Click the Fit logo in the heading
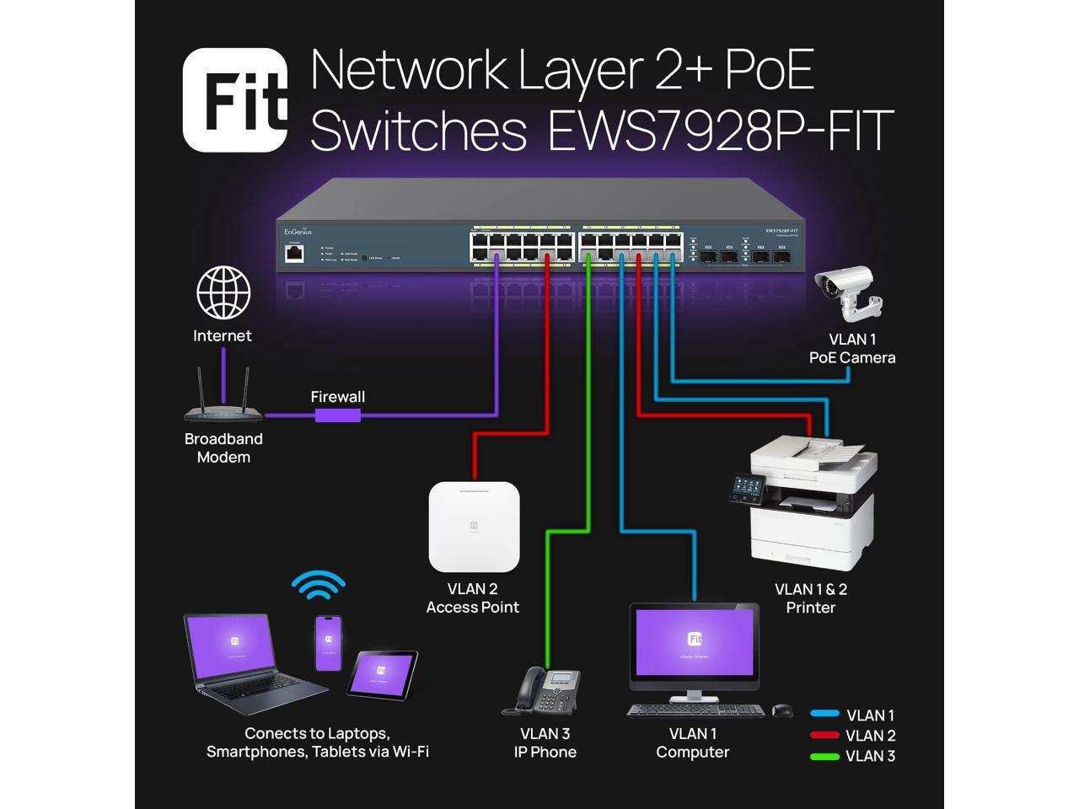click(x=235, y=99)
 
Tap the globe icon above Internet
click(x=223, y=293)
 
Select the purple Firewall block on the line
click(x=338, y=415)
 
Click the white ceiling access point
click(x=474, y=527)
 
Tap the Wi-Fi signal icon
click(x=319, y=584)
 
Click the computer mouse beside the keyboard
click(x=782, y=710)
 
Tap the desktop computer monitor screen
click(x=695, y=642)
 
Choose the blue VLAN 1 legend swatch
click(x=824, y=715)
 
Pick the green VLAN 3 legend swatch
click(x=824, y=756)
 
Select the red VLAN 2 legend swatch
click(x=824, y=736)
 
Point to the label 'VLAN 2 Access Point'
click(x=472, y=598)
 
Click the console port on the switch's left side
click(x=294, y=254)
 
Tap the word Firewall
click(x=337, y=397)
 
